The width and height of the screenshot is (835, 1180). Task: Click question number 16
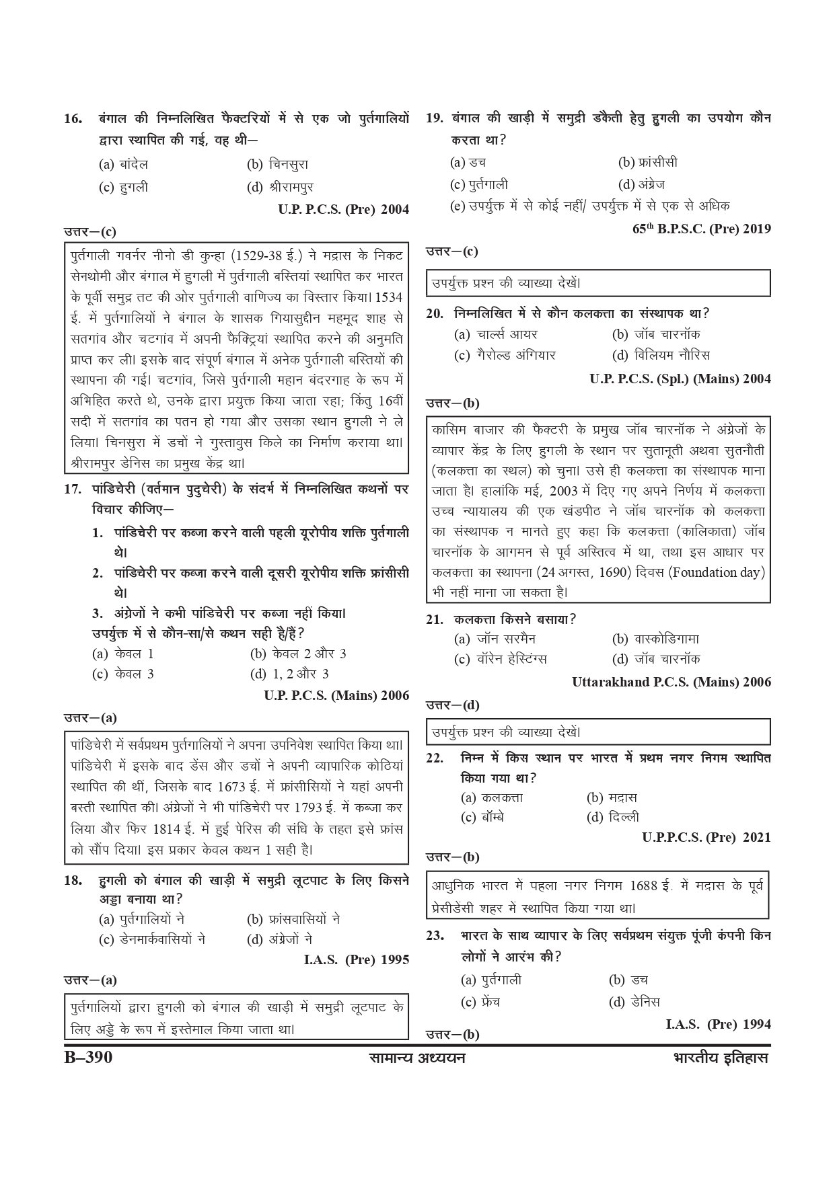point(73,119)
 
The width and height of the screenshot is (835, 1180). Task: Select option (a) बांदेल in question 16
point(124,164)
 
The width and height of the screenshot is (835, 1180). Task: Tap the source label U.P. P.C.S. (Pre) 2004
point(343,210)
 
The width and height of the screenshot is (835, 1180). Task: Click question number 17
point(73,489)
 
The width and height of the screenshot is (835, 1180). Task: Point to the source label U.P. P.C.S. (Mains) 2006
point(336,695)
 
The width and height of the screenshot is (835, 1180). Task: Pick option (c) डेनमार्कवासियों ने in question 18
point(152,939)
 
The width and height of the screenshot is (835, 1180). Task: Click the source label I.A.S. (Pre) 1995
point(357,959)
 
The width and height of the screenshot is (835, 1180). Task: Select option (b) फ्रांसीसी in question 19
point(647,163)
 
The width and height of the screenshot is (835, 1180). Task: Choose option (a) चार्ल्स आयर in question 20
point(496,334)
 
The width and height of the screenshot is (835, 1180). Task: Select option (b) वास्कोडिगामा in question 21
point(655,639)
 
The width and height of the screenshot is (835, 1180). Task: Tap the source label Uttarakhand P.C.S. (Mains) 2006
point(671,682)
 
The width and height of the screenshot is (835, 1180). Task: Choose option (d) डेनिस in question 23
point(634,1001)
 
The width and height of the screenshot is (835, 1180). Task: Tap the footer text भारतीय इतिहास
point(720,1058)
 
